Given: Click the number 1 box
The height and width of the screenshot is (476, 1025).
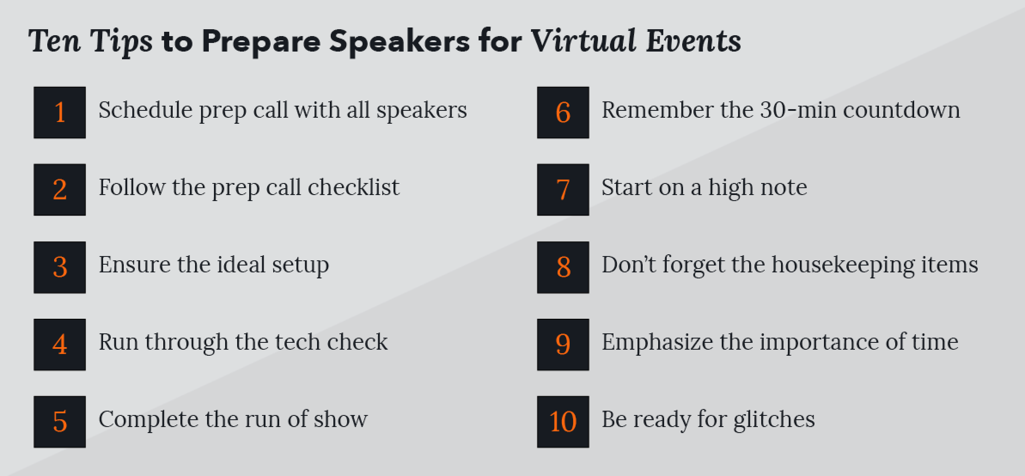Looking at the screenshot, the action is click(x=60, y=113).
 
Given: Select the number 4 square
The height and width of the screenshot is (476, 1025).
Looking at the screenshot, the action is click(x=60, y=345).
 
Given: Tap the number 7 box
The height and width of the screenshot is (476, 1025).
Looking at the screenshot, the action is click(x=563, y=189).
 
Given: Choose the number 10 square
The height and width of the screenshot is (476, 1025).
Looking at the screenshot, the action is click(x=563, y=422).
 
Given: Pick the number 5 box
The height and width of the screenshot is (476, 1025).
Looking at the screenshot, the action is click(x=60, y=422).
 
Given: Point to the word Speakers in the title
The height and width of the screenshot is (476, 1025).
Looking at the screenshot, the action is click(x=400, y=41).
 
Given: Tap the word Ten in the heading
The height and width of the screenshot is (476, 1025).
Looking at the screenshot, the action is click(x=55, y=41).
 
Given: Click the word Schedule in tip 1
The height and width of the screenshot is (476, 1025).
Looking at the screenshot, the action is click(x=145, y=110).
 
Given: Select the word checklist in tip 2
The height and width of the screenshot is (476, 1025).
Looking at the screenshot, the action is click(x=354, y=187).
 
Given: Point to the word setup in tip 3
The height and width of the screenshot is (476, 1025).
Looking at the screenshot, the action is click(x=301, y=265).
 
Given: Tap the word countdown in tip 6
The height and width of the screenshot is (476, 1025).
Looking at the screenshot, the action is click(x=901, y=110).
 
